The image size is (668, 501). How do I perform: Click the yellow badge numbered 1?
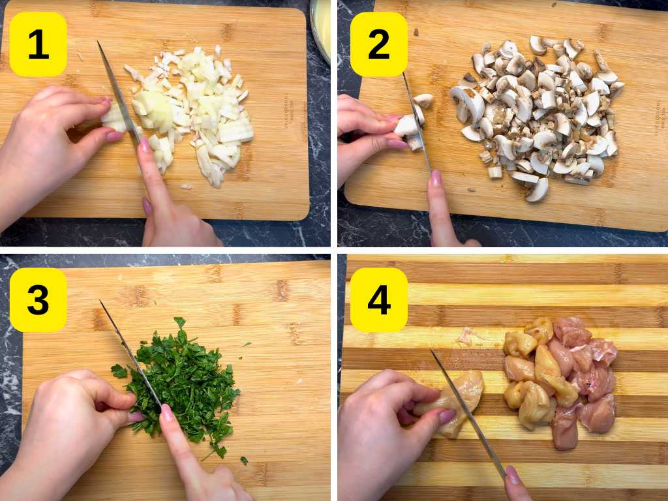pos(38,44)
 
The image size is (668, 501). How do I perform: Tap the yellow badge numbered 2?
pos(379,44)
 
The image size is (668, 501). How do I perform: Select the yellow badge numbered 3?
pos(38,300)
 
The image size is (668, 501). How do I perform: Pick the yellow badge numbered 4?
pos(379,300)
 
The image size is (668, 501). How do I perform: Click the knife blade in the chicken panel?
pos(466,411)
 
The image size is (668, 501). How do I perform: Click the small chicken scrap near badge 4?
pos(466,336)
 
